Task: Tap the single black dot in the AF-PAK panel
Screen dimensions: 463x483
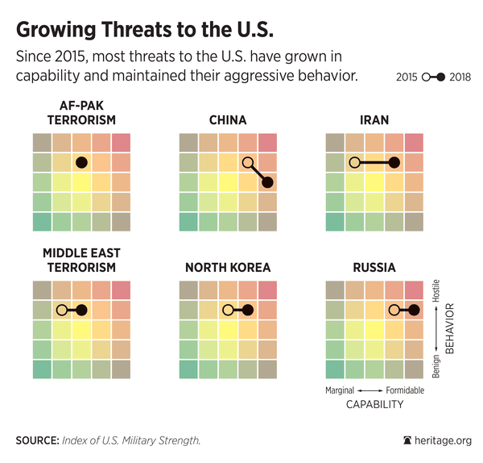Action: (x=80, y=162)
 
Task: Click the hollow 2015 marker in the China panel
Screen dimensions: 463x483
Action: (x=248, y=162)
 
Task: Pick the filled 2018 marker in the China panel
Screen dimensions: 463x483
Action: (x=267, y=182)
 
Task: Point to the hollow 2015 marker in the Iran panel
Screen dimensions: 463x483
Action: (x=354, y=162)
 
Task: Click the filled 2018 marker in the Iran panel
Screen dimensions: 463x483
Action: (x=394, y=162)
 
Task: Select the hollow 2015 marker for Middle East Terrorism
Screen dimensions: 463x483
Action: (x=61, y=310)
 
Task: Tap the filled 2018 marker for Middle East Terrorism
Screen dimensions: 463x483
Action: (x=80, y=310)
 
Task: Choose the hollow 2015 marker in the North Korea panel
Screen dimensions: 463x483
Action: (x=228, y=310)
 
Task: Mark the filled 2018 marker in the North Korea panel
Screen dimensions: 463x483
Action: (x=248, y=310)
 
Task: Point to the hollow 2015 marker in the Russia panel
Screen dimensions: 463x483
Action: (x=394, y=310)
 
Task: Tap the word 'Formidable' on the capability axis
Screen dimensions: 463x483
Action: (x=404, y=390)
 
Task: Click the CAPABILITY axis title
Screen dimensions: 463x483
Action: (x=374, y=404)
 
